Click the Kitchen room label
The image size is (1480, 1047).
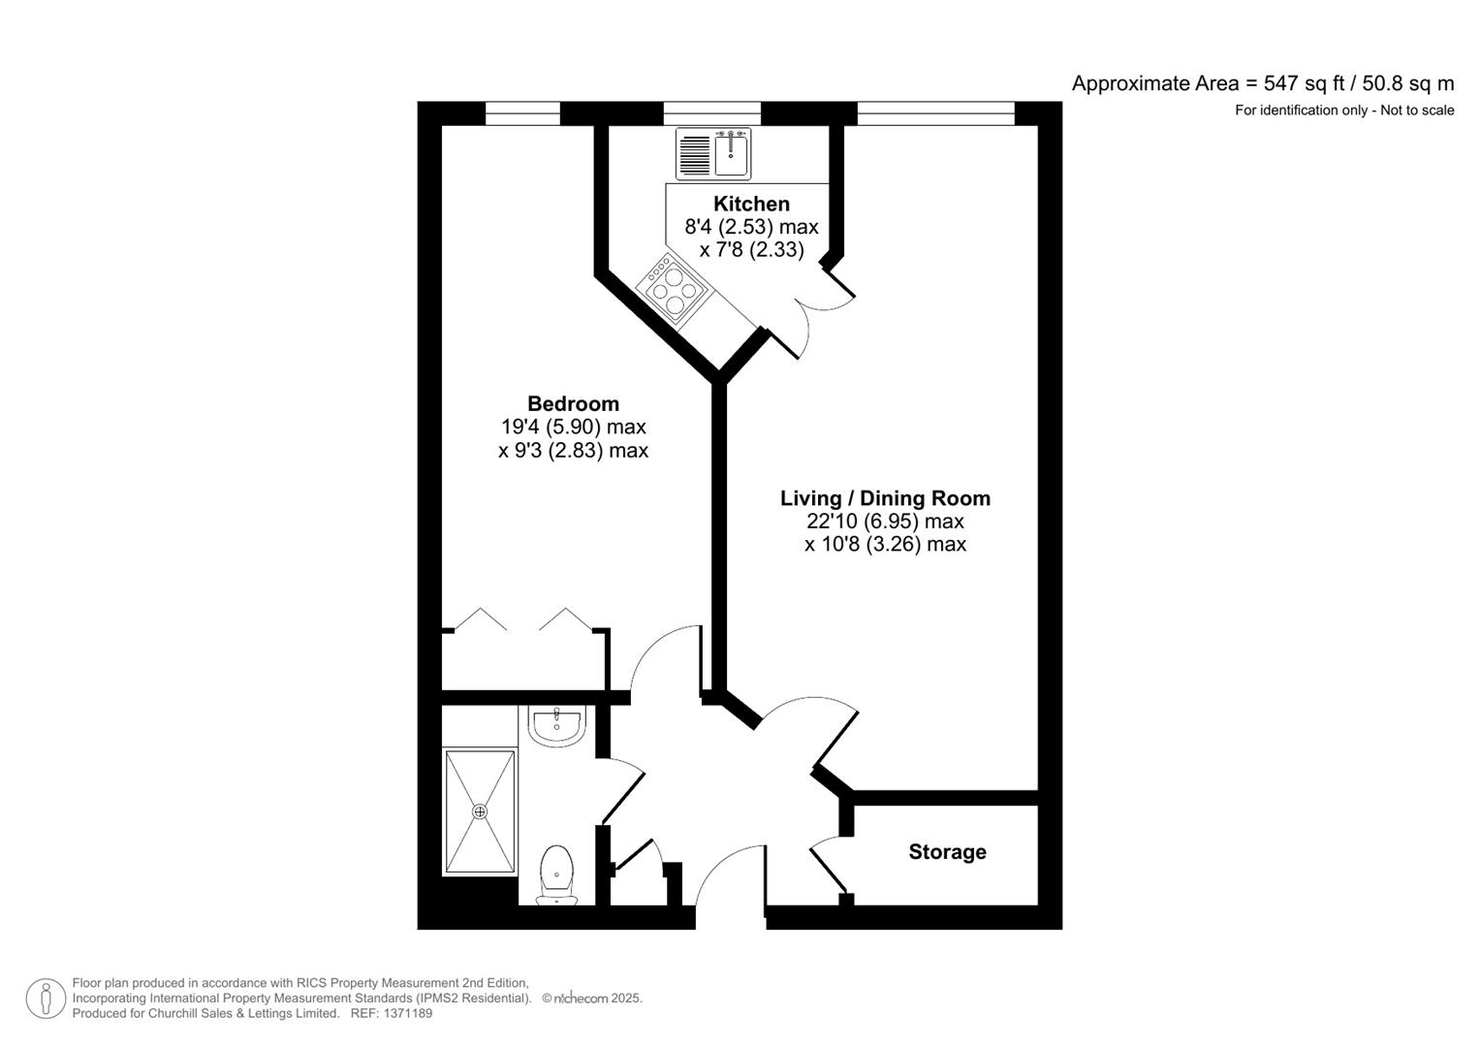[x=751, y=204]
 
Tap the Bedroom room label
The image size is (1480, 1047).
[x=573, y=403]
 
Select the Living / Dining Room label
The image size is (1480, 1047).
[x=885, y=498]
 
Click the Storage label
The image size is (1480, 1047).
[x=947, y=852]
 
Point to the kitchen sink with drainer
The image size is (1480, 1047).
[x=713, y=154]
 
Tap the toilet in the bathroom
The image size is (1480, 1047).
[x=556, y=874]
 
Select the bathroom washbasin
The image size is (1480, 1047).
[x=556, y=725]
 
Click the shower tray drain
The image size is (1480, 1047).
[x=479, y=811]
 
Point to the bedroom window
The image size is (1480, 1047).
[x=522, y=113]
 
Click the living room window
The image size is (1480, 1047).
[x=935, y=113]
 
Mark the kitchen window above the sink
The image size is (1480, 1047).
[x=711, y=113]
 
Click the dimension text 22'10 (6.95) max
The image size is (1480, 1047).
[x=885, y=522]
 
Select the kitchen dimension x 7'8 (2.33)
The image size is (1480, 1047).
[x=751, y=249]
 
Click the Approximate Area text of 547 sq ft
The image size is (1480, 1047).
[x=1262, y=83]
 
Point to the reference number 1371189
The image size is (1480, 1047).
[x=409, y=1013]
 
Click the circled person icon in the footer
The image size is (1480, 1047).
[x=46, y=999]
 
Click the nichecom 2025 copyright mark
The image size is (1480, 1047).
[x=592, y=999]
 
